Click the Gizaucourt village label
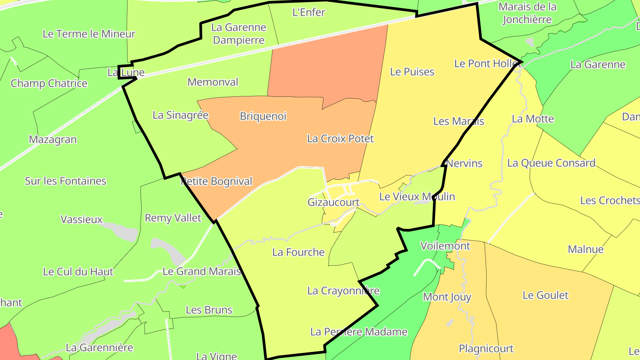(333, 202)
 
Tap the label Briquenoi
(263, 116)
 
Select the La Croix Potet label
(340, 139)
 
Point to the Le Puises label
(412, 72)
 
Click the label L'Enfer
(309, 12)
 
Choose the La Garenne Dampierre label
(239, 34)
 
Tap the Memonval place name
(213, 82)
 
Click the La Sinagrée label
(180, 115)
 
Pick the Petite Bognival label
(216, 181)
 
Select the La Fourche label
(299, 252)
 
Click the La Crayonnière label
(344, 291)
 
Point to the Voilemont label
(445, 246)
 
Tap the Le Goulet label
(545, 295)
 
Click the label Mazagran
(53, 140)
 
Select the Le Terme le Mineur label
(89, 34)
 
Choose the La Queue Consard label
(551, 163)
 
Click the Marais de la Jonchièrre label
(528, 13)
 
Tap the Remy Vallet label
(173, 218)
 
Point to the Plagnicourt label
(486, 348)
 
